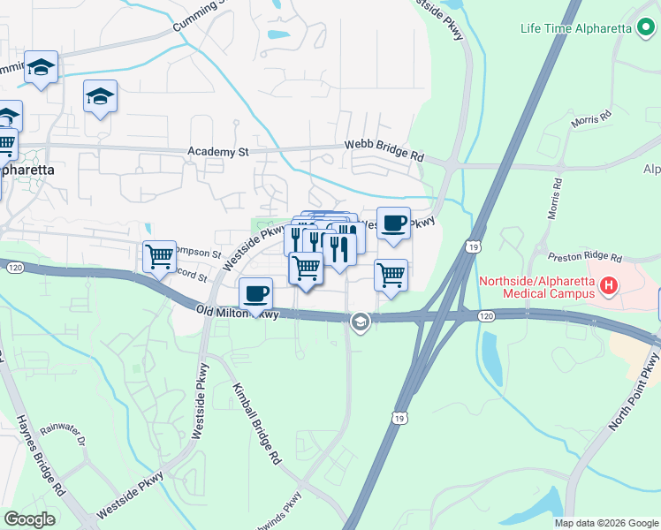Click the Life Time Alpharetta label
[x=575, y=27]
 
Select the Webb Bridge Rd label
[x=384, y=152]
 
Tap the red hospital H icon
[x=608, y=286]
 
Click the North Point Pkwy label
[x=634, y=392]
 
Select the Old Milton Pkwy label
[x=239, y=312]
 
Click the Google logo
[x=29, y=519]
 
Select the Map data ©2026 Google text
[x=606, y=523]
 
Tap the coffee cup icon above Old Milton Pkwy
[x=256, y=293]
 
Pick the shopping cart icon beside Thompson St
[x=159, y=257]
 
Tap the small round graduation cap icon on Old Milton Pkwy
[x=359, y=322]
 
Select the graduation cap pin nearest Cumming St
[x=41, y=68]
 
